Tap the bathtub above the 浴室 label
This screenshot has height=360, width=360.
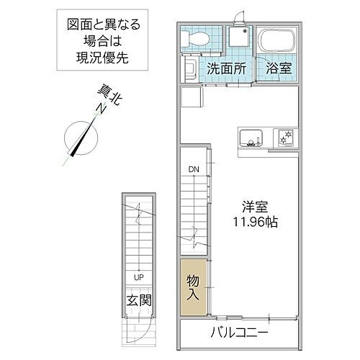pos(276,41)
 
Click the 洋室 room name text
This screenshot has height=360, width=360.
pos(253,205)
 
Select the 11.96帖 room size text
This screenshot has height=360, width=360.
pos(252,222)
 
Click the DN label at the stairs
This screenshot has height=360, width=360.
pos(194,170)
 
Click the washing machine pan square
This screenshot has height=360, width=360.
pos(238,40)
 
